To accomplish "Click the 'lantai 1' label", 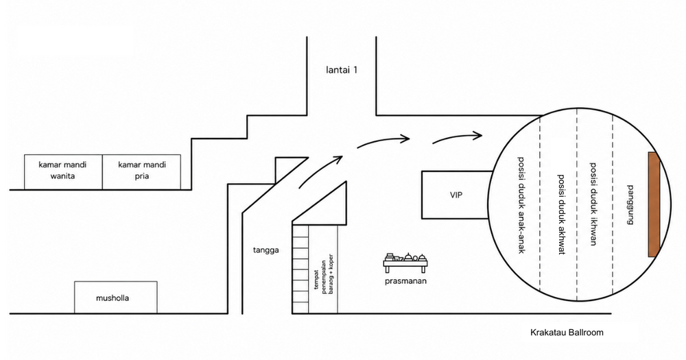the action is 342,69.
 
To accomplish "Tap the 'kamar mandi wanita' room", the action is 63,172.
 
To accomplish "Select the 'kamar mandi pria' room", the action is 142,172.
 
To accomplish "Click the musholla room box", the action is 115,298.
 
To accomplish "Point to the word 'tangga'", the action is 266,250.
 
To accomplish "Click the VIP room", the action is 456,195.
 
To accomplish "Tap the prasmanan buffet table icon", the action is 405,262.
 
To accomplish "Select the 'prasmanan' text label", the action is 405,281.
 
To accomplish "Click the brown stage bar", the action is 654,204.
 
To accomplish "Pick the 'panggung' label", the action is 630,205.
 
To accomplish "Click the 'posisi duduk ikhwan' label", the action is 593,204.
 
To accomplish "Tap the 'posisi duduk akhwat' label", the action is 561,215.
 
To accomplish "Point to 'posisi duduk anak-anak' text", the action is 521,205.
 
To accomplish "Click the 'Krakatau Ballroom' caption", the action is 567,333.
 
